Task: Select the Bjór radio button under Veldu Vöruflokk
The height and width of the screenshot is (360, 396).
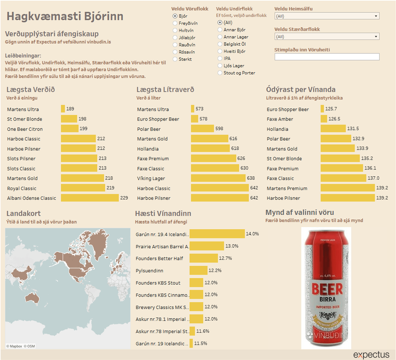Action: [x=175, y=16]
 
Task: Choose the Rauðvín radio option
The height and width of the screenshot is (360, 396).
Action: [x=175, y=45]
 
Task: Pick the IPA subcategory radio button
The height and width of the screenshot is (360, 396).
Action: [x=220, y=58]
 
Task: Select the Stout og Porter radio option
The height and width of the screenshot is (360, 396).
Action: [x=220, y=73]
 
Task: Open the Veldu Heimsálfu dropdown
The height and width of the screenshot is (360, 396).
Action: [x=326, y=16]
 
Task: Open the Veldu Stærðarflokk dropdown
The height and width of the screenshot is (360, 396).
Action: [x=326, y=37]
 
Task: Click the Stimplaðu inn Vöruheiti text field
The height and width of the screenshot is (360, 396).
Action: [x=326, y=57]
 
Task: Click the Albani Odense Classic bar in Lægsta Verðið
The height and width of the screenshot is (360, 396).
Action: [x=90, y=198]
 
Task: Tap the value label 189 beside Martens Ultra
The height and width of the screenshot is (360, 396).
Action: [x=70, y=109]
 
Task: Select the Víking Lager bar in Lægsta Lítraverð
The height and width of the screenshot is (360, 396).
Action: [x=218, y=178]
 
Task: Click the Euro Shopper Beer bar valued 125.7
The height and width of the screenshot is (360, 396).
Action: [x=323, y=109]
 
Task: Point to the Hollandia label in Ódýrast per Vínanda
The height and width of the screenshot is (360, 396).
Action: [x=278, y=129]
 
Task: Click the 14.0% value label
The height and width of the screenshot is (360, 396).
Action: [x=252, y=234]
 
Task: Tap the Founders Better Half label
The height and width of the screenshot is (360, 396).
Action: [x=159, y=258]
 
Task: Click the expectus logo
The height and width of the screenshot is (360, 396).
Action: [x=371, y=355]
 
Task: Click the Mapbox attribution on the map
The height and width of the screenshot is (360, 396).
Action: [x=14, y=346]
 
